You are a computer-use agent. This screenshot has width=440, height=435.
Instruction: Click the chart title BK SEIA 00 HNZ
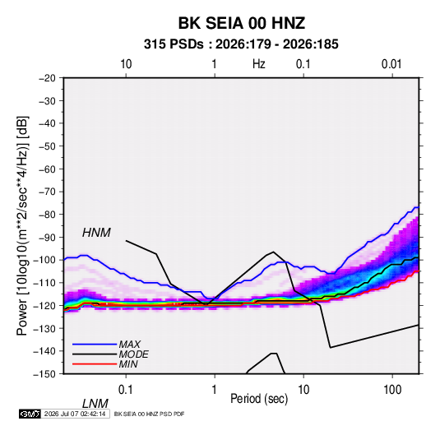(x=242, y=23)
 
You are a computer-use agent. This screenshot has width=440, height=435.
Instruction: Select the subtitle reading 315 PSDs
(x=174, y=44)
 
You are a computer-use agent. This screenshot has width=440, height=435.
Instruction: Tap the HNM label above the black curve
(x=96, y=233)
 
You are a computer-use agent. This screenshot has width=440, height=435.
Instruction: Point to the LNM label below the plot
(x=95, y=404)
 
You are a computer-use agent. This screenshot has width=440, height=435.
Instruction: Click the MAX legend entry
(x=129, y=344)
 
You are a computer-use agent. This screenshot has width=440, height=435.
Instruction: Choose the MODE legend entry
(x=133, y=354)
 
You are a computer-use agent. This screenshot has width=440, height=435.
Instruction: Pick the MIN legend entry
(x=128, y=364)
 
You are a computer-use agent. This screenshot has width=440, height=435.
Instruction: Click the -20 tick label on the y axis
(x=47, y=78)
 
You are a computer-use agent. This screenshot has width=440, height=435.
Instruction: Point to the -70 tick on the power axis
(x=47, y=192)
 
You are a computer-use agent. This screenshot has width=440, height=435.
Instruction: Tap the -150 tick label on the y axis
(x=44, y=374)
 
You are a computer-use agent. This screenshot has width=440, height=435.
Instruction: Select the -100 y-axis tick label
(x=44, y=260)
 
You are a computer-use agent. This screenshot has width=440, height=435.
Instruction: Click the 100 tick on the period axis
(x=392, y=389)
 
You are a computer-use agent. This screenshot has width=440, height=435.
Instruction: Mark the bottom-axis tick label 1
(x=215, y=389)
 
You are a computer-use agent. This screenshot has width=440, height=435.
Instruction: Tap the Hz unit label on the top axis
(x=259, y=64)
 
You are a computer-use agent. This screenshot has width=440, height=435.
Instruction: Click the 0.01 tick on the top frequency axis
(x=391, y=64)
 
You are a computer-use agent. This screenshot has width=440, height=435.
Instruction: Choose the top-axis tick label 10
(x=126, y=64)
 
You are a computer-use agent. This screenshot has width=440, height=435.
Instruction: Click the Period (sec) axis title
(x=259, y=399)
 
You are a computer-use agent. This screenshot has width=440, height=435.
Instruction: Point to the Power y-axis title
(x=22, y=225)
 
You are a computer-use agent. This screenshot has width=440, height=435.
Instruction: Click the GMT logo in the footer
(x=30, y=414)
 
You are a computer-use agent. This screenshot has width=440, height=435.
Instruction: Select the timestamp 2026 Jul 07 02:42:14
(x=75, y=414)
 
